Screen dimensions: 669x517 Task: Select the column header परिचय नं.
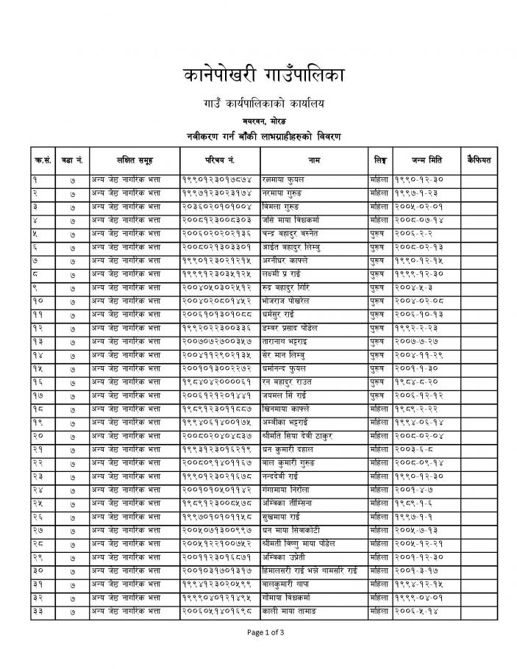click(219, 160)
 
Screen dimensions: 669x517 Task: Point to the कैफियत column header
click(479, 160)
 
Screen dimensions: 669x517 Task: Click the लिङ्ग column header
click(379, 160)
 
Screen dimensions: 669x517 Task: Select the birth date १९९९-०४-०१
click(416, 597)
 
